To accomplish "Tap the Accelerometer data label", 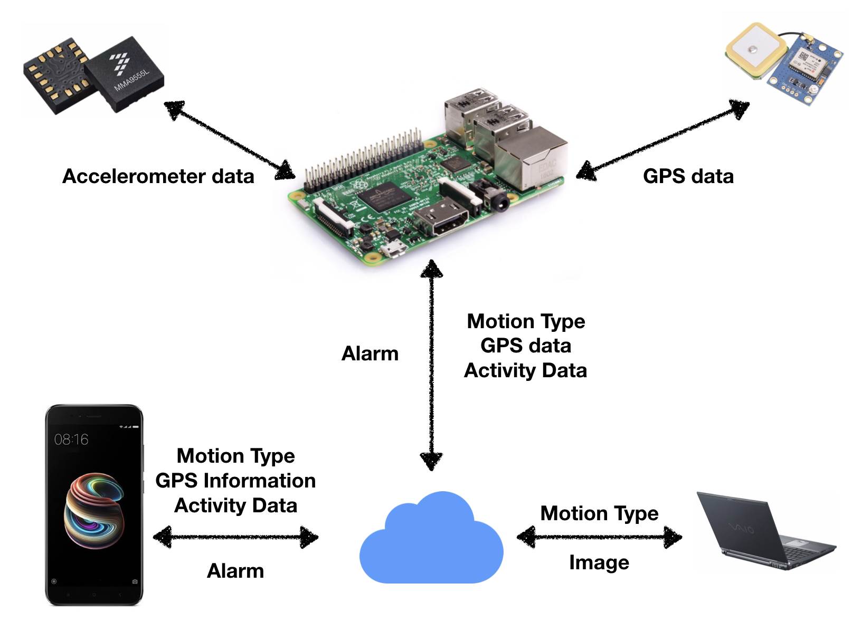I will click(158, 176).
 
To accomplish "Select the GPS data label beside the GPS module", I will click(688, 176).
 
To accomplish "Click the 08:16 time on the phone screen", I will click(71, 439).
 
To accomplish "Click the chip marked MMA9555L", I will click(125, 74).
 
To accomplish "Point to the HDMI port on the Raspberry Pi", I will click(441, 218).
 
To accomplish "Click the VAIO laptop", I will click(765, 530).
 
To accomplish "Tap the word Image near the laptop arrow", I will click(599, 562).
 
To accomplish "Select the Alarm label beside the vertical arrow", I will click(370, 353).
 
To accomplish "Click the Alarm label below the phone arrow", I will click(235, 571).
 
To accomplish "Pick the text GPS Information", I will click(235, 481).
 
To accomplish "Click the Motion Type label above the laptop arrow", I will click(599, 513).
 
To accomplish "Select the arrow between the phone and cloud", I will click(235, 538).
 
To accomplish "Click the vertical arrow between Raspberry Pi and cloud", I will click(432, 364).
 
